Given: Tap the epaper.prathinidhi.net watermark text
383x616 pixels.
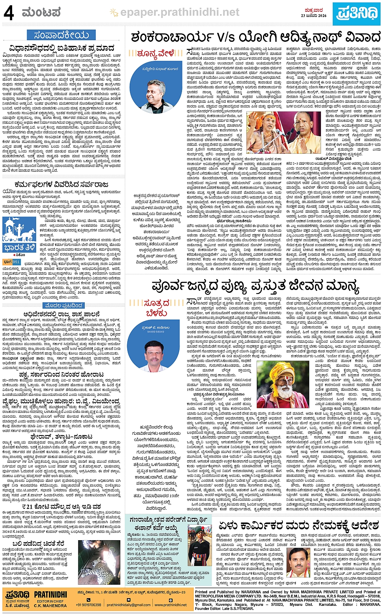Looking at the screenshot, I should click(180, 13).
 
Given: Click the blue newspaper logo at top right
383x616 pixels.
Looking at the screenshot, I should click(357, 13).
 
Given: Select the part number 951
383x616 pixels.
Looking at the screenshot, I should click(16, 262).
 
